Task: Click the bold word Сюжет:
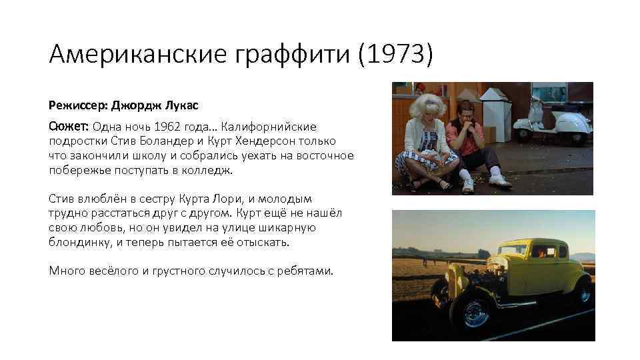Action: (x=69, y=127)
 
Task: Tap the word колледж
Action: (x=208, y=170)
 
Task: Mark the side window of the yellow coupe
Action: (x=541, y=251)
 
